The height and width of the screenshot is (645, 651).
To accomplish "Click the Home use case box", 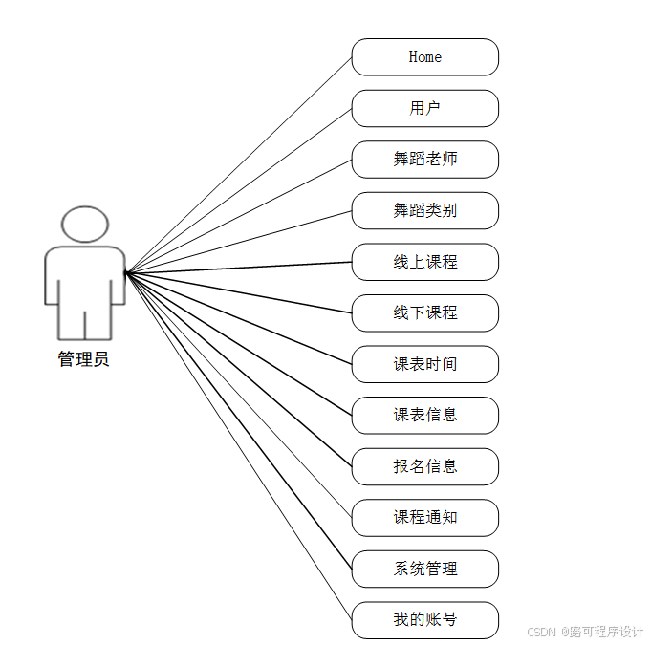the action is coord(425,57).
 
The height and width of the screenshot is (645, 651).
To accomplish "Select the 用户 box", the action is coord(425,108).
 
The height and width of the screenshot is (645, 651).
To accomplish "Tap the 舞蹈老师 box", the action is coord(425,160).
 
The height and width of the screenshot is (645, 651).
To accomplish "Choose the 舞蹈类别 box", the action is coord(425,210).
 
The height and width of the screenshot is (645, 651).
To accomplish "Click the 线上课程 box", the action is coord(425,262).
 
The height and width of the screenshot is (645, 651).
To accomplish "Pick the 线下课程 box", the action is coord(425,312).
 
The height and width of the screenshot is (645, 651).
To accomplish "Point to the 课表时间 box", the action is coord(425,364).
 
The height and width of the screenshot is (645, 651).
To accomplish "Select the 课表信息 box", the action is coord(425,415).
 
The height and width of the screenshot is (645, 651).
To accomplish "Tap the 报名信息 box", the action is coord(425,466).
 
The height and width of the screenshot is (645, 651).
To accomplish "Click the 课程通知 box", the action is coord(425,517).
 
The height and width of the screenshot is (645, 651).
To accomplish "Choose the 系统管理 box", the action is coord(425,569).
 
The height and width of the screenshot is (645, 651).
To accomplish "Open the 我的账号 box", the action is coord(425,619).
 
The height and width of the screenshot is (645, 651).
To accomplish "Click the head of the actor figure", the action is coord(85,225).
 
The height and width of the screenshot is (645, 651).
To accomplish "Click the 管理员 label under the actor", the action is coord(84,360).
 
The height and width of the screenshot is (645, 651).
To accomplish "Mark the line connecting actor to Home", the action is coord(239,164).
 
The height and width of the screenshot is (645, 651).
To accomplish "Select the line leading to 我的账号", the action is coord(239,446).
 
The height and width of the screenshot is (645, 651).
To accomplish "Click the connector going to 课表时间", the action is coord(239,318).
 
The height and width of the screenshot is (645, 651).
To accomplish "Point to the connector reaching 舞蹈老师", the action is coord(239,216).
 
